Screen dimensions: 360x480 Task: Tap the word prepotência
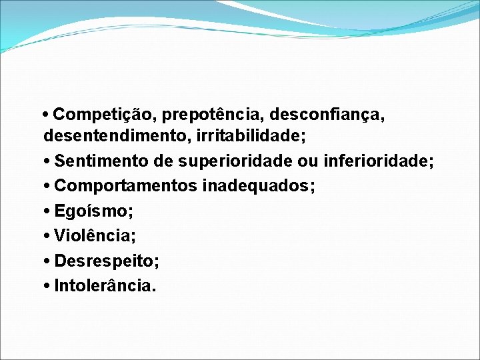click(x=211, y=115)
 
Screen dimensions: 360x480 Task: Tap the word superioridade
click(x=238, y=161)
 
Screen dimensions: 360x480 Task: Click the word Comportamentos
click(x=126, y=186)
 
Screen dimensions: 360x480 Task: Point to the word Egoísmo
click(x=94, y=211)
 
